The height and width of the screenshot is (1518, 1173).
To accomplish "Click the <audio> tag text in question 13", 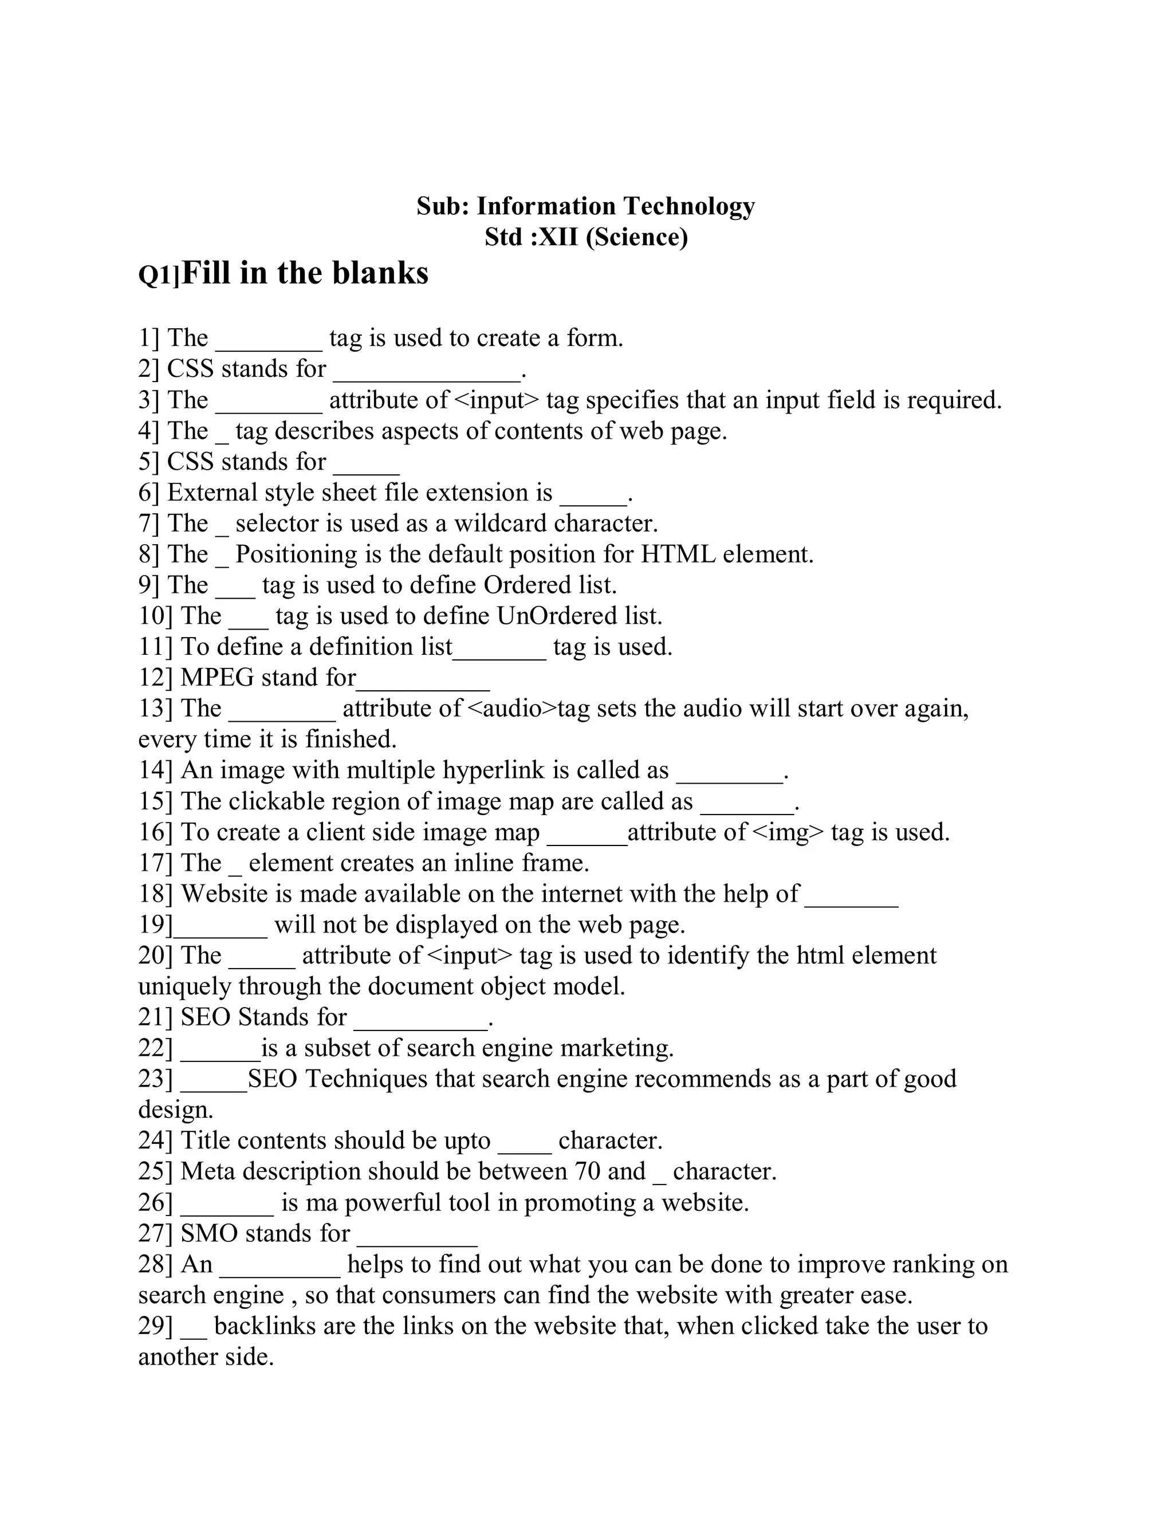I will coord(513,709).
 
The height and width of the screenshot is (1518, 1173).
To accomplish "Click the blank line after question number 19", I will coord(221,934).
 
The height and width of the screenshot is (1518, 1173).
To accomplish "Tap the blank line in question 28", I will coord(280,1274).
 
